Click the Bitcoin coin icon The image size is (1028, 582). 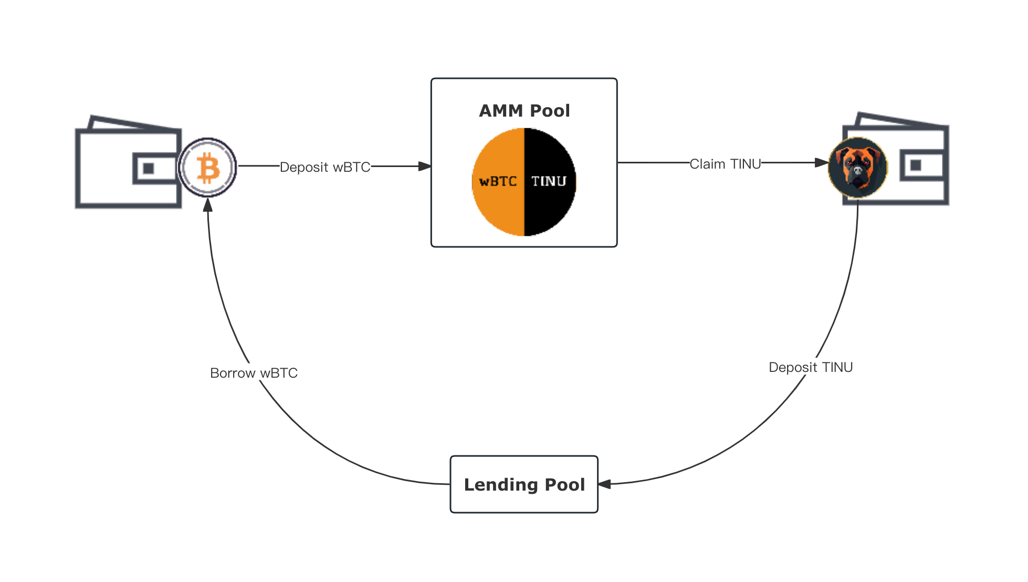(208, 168)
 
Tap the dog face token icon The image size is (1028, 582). (858, 167)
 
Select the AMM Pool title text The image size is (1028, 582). (524, 111)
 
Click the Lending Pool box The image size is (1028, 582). (524, 484)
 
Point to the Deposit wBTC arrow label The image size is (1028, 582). (325, 167)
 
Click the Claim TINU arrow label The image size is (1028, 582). (725, 164)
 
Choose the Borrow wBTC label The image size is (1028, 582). (254, 373)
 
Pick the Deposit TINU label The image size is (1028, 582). (811, 367)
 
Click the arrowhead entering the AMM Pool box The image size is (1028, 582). (425, 167)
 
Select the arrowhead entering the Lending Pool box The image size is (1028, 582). (605, 484)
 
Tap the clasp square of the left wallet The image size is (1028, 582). (149, 168)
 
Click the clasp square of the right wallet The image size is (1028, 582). (916, 165)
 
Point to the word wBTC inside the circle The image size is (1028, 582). (498, 182)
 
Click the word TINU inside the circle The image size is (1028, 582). (549, 182)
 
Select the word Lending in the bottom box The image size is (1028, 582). (494, 484)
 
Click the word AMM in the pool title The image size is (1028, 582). (501, 111)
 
